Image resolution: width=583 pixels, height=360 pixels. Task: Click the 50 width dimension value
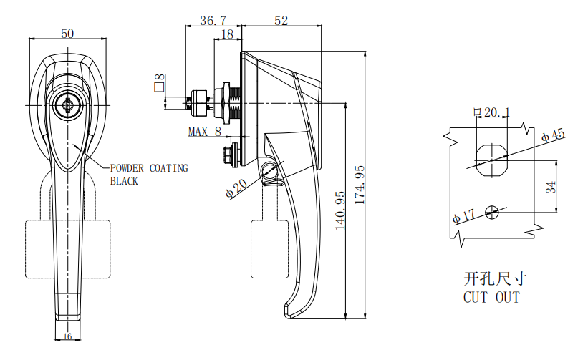(x=67, y=33)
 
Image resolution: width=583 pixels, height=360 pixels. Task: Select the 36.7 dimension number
(x=212, y=21)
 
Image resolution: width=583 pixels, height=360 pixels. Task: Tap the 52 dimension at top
(x=281, y=21)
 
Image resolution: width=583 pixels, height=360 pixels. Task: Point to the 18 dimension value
(x=227, y=34)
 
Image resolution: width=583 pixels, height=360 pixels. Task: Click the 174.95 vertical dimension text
(x=360, y=185)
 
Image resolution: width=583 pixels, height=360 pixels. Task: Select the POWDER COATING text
(x=149, y=168)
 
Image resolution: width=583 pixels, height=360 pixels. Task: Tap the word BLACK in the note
(x=124, y=181)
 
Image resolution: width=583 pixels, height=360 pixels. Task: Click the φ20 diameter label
(x=236, y=187)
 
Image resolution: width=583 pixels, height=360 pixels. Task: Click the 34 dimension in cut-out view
(x=550, y=187)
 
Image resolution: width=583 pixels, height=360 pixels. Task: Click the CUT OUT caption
(x=491, y=296)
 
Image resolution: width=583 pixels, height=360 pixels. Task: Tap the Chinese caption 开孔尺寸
(x=491, y=278)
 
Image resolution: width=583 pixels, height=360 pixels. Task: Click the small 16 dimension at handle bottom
(x=68, y=336)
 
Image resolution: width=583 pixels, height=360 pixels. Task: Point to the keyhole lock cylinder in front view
(x=67, y=106)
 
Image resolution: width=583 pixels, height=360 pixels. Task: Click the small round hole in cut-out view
(x=492, y=211)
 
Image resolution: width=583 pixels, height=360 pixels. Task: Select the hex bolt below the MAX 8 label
(x=230, y=152)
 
